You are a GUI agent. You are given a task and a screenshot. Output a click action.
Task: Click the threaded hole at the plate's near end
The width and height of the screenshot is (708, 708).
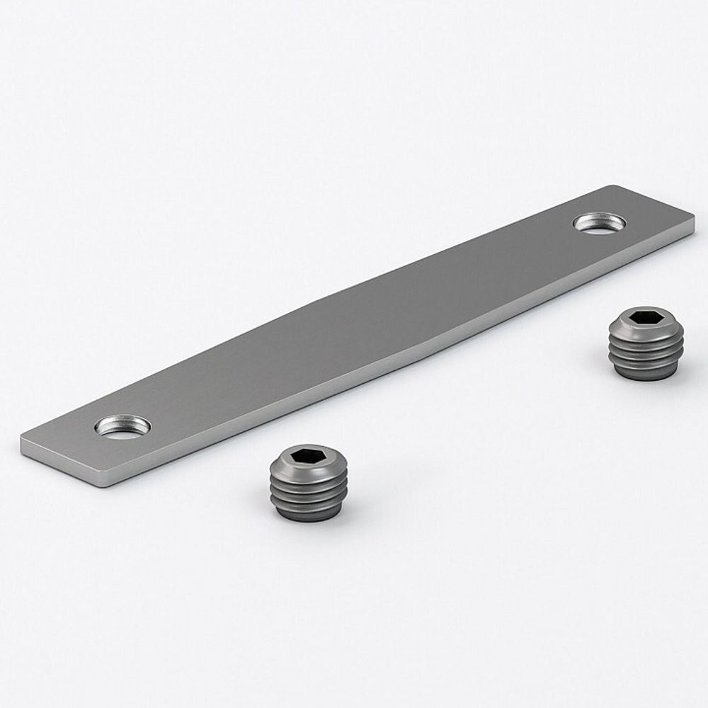click(122, 427)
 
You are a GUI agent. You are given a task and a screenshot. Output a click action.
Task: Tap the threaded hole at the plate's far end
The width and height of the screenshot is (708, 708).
click(600, 222)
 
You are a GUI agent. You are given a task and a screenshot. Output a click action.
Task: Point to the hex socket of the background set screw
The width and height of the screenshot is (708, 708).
click(645, 318)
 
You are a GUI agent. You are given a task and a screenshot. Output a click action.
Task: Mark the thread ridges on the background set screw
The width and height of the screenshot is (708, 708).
click(646, 351)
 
